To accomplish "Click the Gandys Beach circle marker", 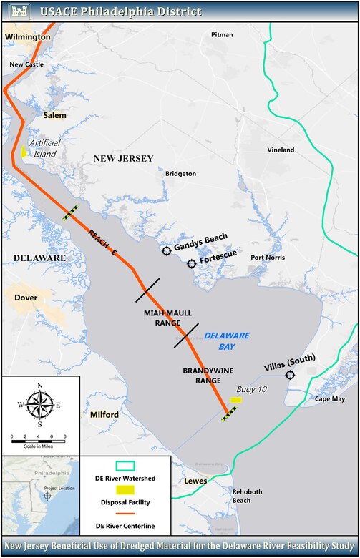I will click(167, 250).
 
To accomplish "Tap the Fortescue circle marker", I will click(192, 264).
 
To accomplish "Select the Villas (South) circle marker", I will click(290, 375).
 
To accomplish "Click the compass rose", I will click(40, 406).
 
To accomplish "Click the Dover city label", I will click(26, 296).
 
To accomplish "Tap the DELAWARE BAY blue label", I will click(225, 341).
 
